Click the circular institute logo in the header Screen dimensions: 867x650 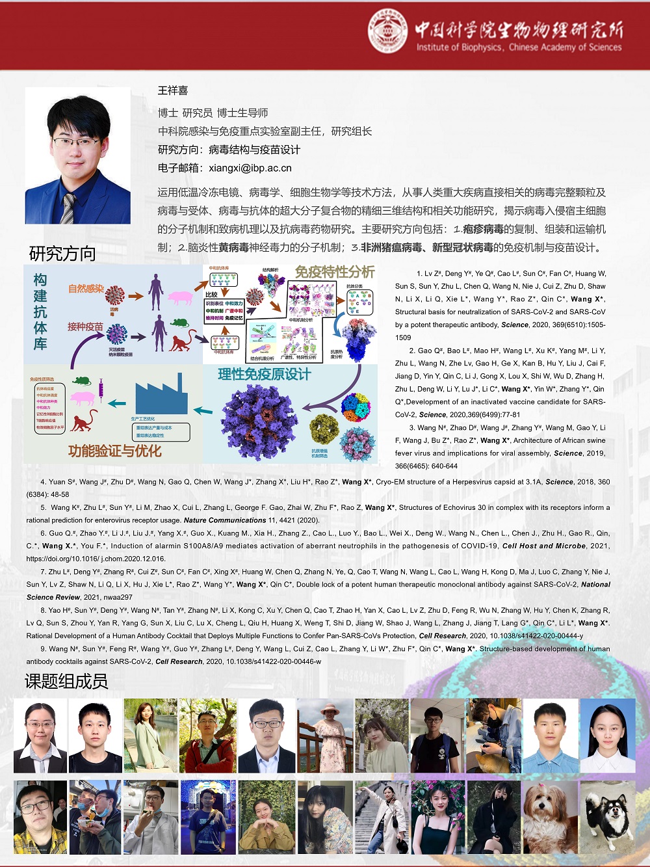pos(387,31)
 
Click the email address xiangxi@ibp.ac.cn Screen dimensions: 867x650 pos(250,168)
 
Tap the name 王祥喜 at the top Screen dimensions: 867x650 pos(173,90)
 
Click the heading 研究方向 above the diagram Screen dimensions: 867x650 pos(62,254)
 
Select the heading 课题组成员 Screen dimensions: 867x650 pos(66,681)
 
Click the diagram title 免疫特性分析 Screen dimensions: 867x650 pos(335,272)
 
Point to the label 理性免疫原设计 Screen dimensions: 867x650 pos(264,374)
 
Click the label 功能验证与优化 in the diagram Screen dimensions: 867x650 pos(114,451)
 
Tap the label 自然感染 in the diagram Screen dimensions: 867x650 pos(86,288)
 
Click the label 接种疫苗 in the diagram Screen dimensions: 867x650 pos(85,327)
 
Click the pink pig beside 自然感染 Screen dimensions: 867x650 pos(180,297)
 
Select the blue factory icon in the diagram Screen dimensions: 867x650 pos(161,394)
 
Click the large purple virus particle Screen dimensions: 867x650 pos(260,422)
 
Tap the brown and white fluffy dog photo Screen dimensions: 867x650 pos(549,818)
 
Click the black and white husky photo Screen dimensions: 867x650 pos(606,818)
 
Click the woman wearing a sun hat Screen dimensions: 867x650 pos(325,736)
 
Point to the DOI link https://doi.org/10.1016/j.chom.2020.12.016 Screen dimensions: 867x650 pos(96,559)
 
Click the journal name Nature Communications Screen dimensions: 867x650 pos(225,520)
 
